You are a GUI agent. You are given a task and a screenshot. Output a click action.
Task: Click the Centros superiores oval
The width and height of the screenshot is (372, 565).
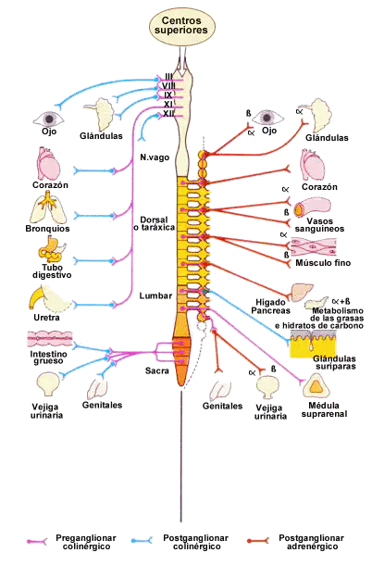click(x=182, y=27)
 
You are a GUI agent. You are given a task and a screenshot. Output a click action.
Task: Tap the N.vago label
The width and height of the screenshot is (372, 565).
click(x=155, y=157)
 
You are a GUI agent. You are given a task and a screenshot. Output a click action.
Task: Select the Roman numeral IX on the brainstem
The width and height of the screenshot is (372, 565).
click(x=168, y=95)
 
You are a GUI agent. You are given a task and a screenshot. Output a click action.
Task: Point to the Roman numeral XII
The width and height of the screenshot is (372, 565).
click(x=168, y=114)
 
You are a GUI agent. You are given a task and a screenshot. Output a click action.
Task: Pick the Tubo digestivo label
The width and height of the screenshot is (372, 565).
click(x=52, y=271)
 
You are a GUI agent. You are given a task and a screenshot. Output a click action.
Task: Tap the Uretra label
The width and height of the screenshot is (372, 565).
click(x=46, y=318)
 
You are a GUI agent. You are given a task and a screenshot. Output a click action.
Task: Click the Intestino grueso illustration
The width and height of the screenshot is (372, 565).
click(x=50, y=339)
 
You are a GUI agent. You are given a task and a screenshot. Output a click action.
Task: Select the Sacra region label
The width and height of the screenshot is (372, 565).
click(x=157, y=370)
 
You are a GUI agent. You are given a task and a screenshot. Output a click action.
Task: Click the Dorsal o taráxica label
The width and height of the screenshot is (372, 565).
click(x=155, y=224)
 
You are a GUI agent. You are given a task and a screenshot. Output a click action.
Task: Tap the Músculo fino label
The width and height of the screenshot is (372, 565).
click(x=323, y=263)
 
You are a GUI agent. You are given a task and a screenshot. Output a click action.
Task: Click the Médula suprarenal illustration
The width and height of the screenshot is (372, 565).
click(x=316, y=385)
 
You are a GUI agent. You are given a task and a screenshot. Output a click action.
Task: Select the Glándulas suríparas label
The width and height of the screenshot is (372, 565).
click(x=335, y=362)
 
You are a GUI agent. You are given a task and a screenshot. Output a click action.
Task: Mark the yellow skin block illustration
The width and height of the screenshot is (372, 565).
click(x=314, y=344)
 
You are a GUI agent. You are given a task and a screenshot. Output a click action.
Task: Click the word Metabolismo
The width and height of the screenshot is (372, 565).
click(x=338, y=310)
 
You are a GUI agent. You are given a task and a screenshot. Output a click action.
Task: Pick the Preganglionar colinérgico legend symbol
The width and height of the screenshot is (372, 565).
click(x=37, y=541)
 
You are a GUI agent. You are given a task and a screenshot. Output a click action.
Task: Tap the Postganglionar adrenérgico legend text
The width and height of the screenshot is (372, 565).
click(x=311, y=542)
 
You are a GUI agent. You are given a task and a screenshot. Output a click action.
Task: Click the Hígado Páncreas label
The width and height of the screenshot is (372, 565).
click(x=270, y=307)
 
